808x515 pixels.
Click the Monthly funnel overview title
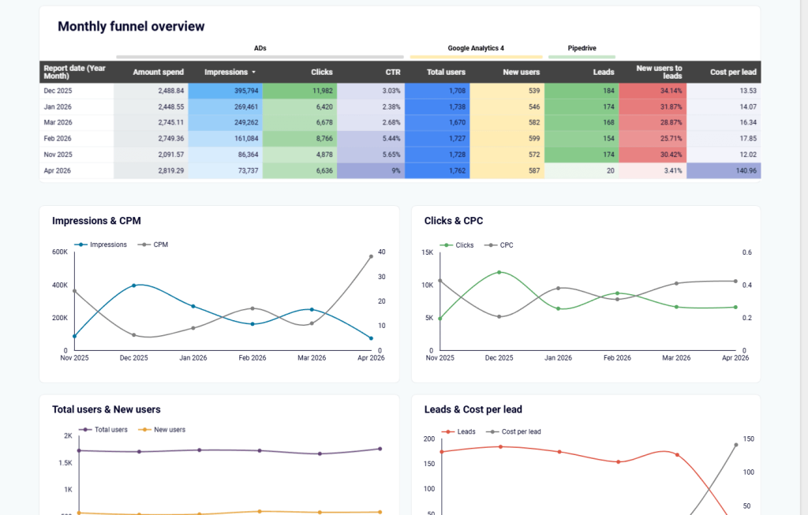131,27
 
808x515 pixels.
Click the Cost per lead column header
733,72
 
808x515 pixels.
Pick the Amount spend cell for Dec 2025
159,91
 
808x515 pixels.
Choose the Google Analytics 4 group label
476,48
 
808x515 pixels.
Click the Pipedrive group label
582,48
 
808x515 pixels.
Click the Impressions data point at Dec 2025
134,285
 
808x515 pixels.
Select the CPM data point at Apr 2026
371,256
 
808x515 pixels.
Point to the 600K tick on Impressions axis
59,252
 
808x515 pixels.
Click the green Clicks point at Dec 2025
499,272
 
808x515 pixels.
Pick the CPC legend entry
506,245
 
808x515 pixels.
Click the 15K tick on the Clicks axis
427,252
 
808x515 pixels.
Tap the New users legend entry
169,430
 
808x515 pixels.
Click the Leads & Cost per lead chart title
473,409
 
